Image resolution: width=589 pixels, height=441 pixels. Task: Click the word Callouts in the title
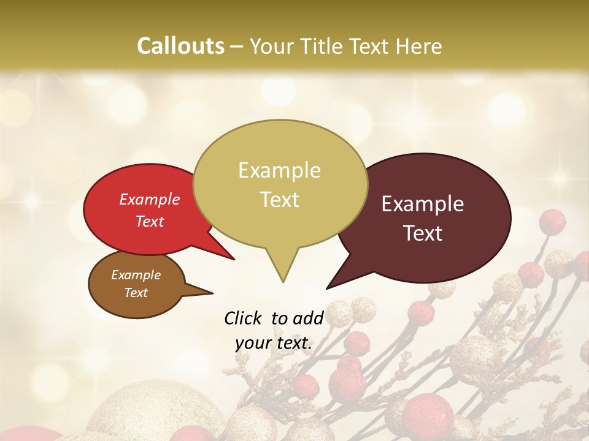(180, 46)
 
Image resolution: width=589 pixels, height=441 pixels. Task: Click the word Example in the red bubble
(149, 199)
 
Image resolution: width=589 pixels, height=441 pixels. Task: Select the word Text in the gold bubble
(280, 199)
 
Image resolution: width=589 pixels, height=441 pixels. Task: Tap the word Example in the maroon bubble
(423, 204)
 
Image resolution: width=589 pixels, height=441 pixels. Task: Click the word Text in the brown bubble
(136, 293)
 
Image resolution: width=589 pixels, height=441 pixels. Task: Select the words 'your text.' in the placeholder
(274, 343)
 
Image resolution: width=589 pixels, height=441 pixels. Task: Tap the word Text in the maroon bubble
(423, 233)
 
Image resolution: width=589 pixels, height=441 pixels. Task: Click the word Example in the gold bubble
(280, 170)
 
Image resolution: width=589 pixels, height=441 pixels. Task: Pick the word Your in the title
(272, 46)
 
